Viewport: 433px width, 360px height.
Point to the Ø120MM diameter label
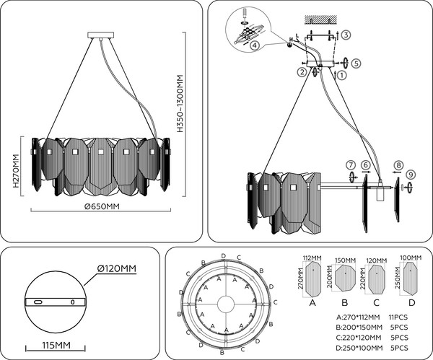tap(116, 268)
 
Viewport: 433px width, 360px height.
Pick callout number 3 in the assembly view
tap(346, 35)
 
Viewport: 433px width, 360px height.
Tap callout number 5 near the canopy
tap(357, 63)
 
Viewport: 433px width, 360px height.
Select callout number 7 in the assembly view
tap(350, 165)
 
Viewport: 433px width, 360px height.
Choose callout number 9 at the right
tap(411, 174)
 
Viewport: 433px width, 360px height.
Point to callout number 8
tap(397, 165)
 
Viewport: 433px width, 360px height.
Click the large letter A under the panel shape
tap(312, 304)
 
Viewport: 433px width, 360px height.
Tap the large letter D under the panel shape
tap(411, 304)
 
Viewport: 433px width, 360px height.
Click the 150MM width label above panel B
tap(345, 260)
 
